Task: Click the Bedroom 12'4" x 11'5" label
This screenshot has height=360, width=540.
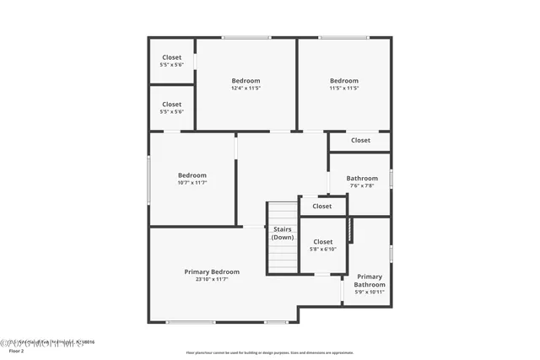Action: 246,81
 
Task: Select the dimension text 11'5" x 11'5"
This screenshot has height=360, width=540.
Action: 343,89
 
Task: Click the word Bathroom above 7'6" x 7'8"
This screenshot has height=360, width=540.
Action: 361,178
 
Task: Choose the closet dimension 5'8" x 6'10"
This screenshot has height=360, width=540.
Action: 322,250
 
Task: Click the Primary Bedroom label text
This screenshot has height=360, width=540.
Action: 212,271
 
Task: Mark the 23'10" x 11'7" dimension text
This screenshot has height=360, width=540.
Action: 212,279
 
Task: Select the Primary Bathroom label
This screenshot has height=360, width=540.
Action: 370,281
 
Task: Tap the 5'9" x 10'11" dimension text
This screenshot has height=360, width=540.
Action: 370,293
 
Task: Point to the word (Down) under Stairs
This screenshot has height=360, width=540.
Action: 283,237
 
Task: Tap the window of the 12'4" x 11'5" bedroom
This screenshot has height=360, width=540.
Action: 246,37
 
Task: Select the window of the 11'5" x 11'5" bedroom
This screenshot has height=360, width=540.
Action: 343,37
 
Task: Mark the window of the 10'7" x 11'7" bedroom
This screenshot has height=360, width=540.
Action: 149,179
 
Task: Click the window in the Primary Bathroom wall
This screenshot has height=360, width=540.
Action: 391,252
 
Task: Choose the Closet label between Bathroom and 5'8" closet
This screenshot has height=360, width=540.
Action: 322,206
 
